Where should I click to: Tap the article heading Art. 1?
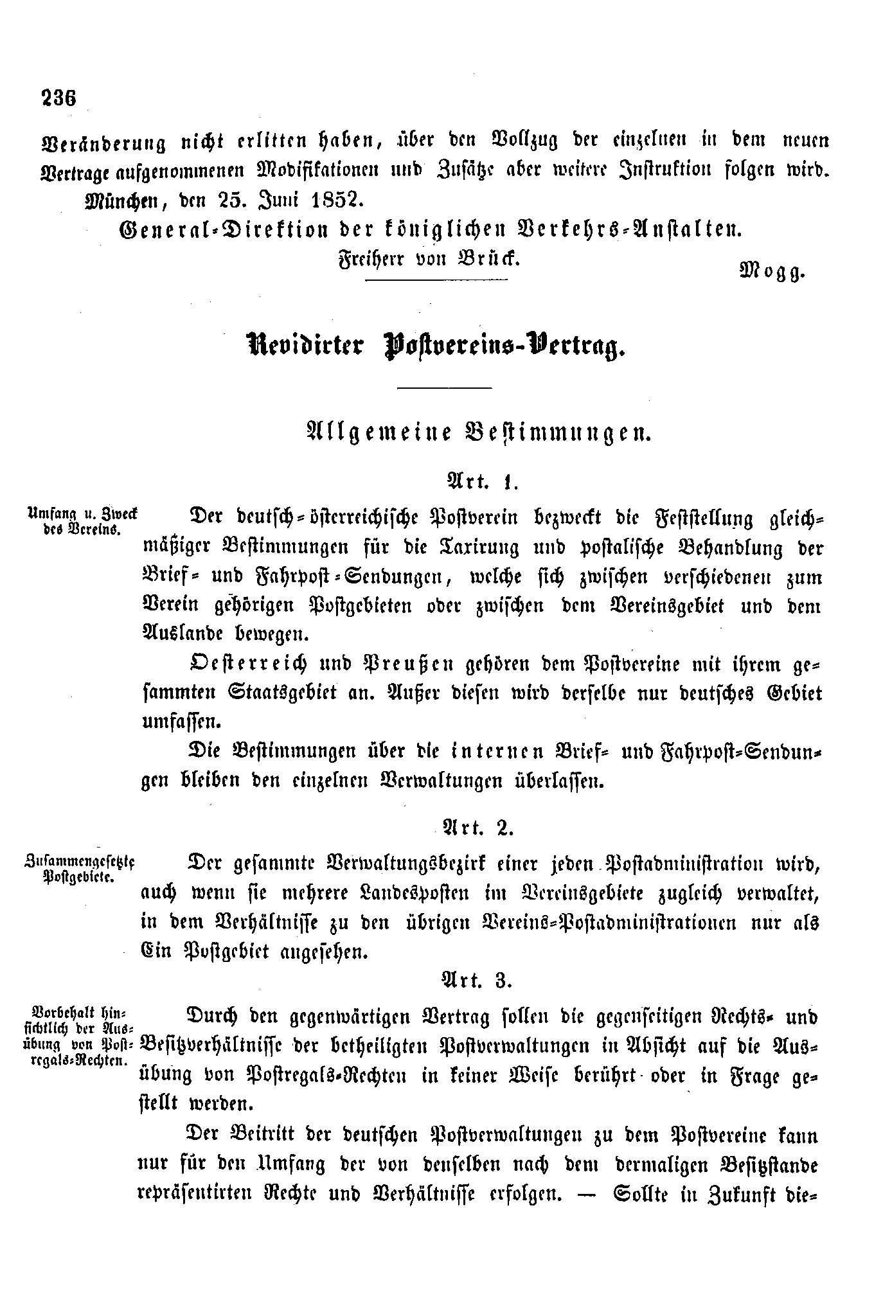(481, 481)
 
